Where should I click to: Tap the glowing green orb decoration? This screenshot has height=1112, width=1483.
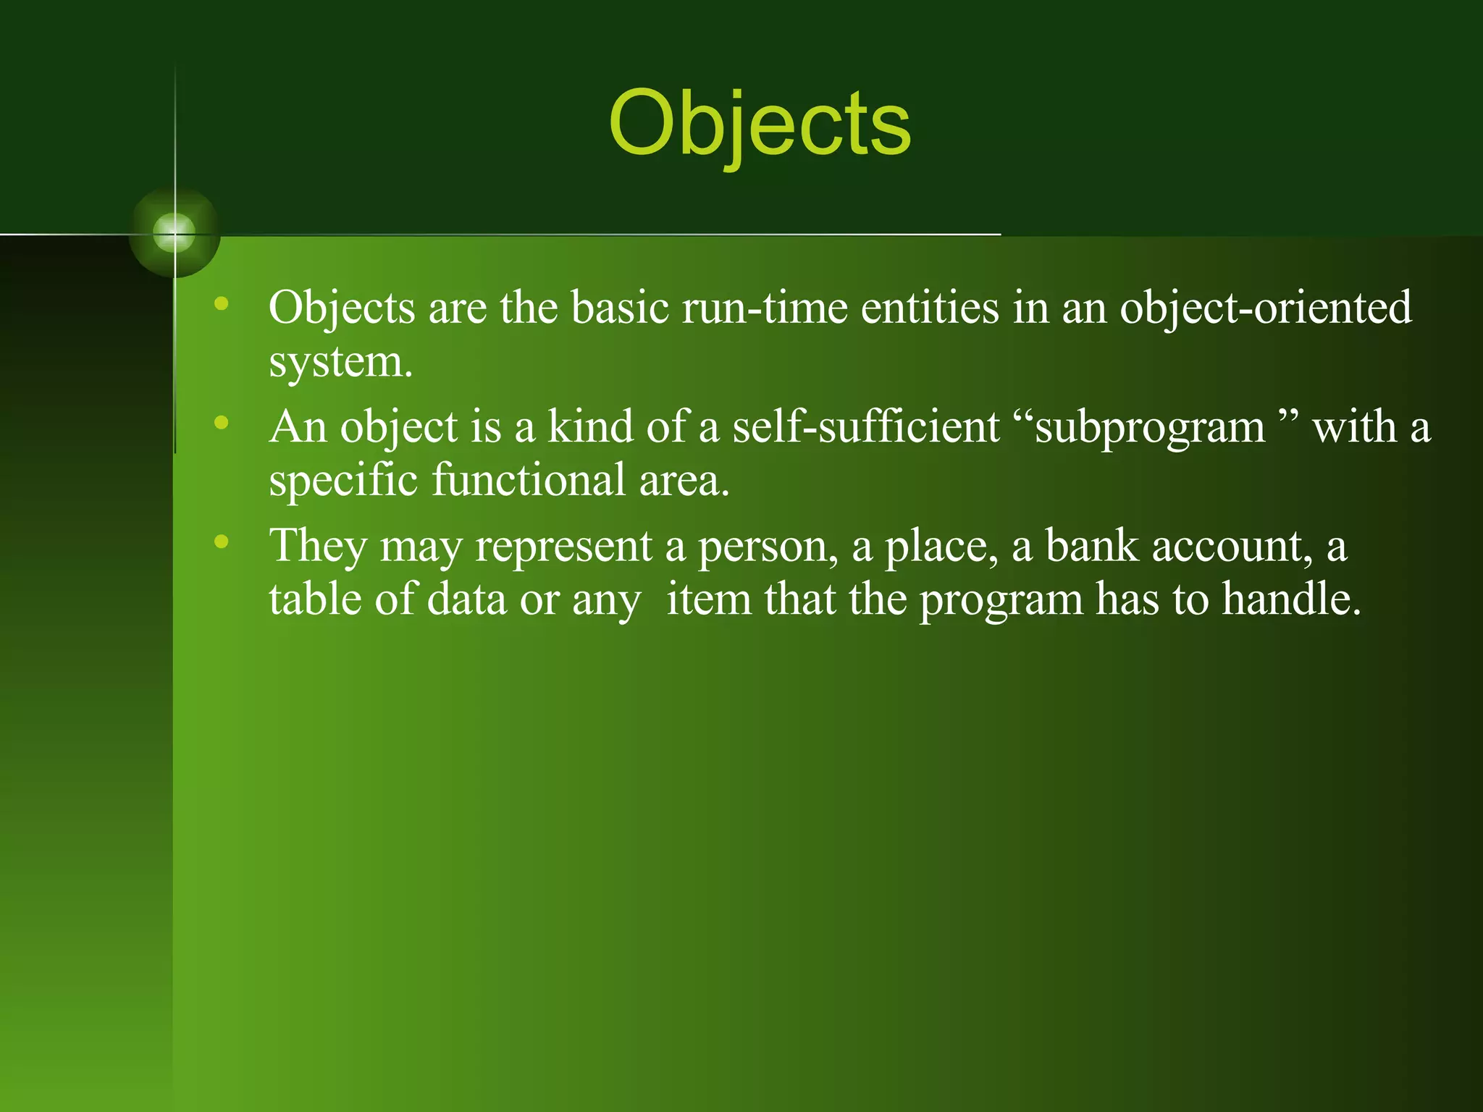pyautogui.click(x=175, y=233)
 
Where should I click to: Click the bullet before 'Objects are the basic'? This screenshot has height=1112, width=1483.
pyautogui.click(x=222, y=303)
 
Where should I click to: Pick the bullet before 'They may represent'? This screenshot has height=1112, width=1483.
pyautogui.click(x=222, y=541)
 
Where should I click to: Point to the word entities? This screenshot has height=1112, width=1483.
pyautogui.click(x=930, y=308)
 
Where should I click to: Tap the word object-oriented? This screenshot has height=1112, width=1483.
pyautogui.click(x=1266, y=308)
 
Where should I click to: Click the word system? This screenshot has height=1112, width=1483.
pyautogui.click(x=340, y=361)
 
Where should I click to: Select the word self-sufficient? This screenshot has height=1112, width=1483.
pyautogui.click(x=866, y=426)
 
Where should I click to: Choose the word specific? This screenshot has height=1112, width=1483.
pyautogui.click(x=343, y=480)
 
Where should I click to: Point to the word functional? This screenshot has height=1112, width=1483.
pyautogui.click(x=529, y=480)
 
